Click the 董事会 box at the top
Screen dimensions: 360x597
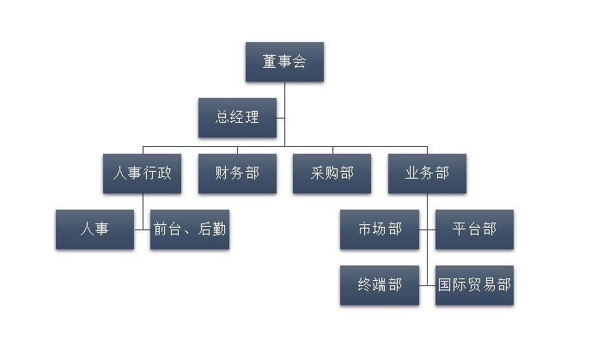click(284, 62)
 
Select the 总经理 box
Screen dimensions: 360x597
click(237, 118)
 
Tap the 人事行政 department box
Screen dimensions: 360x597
click(142, 173)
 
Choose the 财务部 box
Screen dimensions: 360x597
click(237, 173)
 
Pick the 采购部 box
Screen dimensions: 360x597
click(332, 173)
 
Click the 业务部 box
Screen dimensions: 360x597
click(427, 173)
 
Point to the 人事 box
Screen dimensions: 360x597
click(94, 229)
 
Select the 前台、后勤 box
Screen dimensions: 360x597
click(190, 229)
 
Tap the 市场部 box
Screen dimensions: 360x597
click(379, 229)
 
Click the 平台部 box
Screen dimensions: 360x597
click(474, 229)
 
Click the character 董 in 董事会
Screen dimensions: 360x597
click(270, 62)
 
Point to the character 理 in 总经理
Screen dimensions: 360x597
click(251, 118)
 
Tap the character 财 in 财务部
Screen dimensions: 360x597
click(222, 173)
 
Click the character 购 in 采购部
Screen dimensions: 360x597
click(332, 173)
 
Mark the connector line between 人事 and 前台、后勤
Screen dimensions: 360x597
click(142, 229)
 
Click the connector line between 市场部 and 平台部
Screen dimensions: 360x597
click(427, 229)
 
